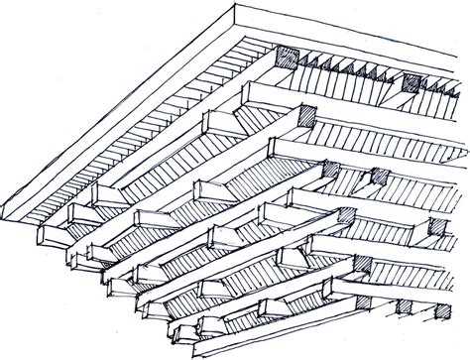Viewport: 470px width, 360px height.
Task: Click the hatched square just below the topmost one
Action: tap(302, 115)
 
